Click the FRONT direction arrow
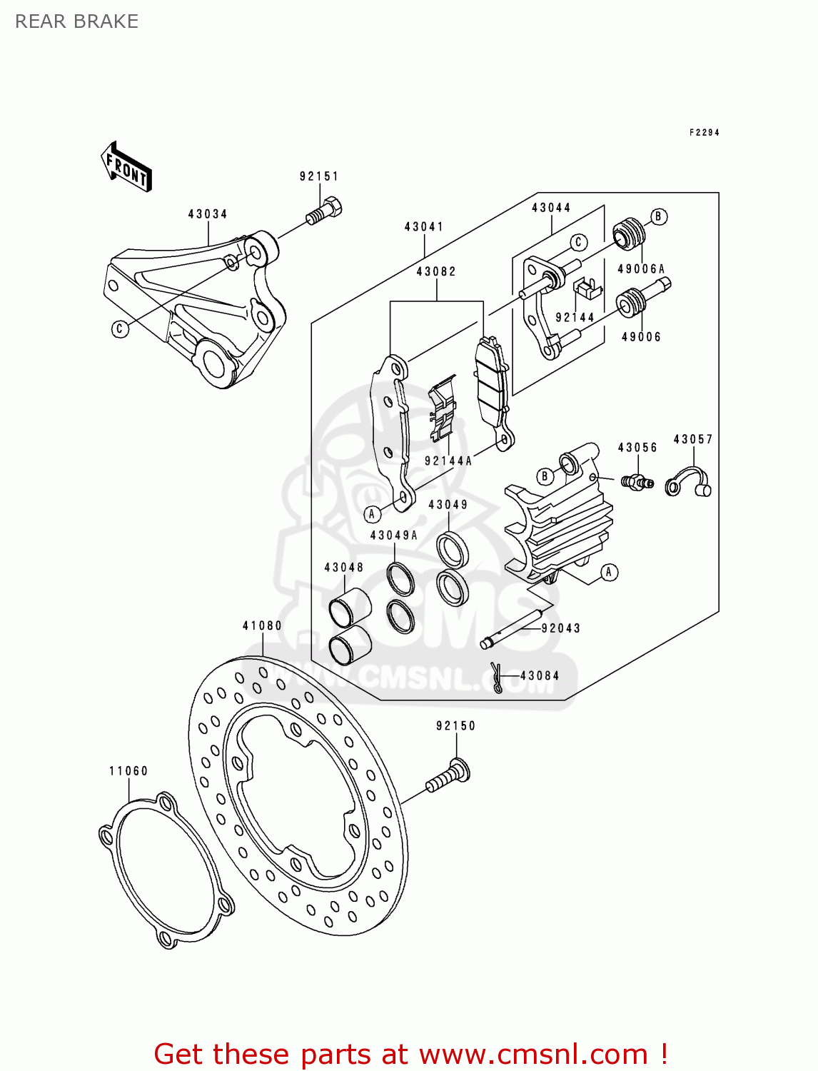(127, 167)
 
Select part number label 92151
(319, 176)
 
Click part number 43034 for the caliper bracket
(208, 214)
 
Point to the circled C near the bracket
(120, 328)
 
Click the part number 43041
(424, 227)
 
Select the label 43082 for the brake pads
(436, 272)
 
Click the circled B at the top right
(659, 217)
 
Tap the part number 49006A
(641, 269)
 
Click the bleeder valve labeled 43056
(636, 482)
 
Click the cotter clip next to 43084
(497, 677)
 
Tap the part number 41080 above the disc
(262, 626)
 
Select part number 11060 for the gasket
(128, 771)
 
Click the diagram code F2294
(704, 133)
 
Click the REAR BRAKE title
(77, 21)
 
